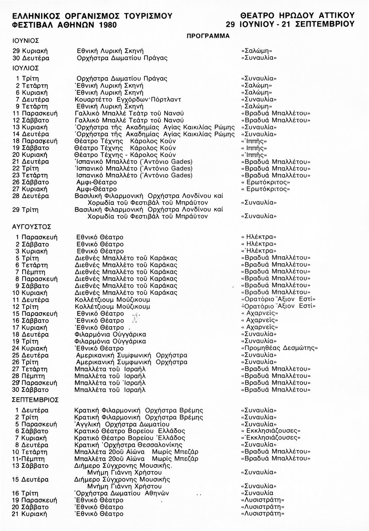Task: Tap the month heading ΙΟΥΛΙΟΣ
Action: pos(26,68)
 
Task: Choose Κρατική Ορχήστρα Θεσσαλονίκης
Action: pos(133,445)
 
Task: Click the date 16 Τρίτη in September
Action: pos(29,493)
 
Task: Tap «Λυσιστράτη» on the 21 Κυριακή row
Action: pos(262,514)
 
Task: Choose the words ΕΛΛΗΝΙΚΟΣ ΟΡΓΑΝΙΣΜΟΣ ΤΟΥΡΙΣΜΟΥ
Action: pos(92,16)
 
